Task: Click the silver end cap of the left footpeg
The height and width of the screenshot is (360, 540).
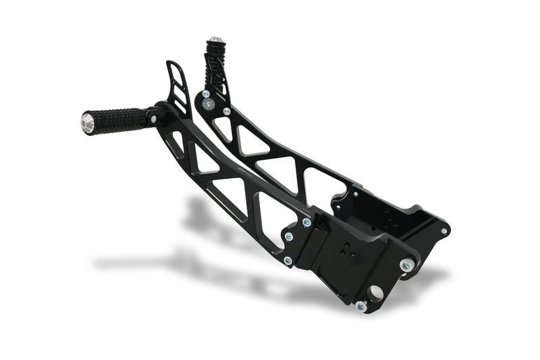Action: click(x=88, y=123)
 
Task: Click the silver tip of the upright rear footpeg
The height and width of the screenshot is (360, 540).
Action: click(x=215, y=41)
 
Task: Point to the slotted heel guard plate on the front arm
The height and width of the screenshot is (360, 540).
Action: click(x=178, y=86)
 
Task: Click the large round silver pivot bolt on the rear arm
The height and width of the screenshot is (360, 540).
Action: click(x=209, y=104)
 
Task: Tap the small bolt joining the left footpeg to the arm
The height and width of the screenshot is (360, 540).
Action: click(x=154, y=120)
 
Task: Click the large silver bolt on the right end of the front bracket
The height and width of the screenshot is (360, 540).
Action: click(x=406, y=265)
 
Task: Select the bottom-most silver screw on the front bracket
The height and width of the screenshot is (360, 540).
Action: click(x=361, y=306)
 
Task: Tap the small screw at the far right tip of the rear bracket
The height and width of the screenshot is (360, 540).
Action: click(x=443, y=231)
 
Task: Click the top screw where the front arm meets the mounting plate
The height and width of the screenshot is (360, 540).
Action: click(x=306, y=222)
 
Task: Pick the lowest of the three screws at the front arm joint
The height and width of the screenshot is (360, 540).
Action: click(x=288, y=260)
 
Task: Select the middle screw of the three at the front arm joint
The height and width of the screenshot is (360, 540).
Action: click(x=289, y=237)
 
